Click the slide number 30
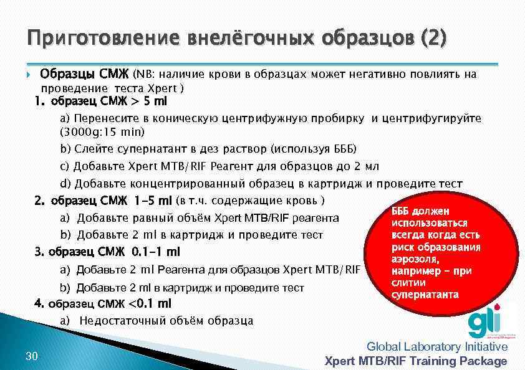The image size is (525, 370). (32, 356)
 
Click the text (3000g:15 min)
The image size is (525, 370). (102, 132)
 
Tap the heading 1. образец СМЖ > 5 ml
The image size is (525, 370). (101, 101)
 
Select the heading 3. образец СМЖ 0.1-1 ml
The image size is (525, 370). (107, 252)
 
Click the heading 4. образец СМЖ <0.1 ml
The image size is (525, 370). (102, 304)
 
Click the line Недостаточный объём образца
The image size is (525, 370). (166, 321)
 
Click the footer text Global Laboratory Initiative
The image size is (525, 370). (437, 347)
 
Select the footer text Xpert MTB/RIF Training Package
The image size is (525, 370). (417, 361)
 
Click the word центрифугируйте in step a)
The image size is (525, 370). (431, 118)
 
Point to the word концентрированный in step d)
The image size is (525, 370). (188, 184)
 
